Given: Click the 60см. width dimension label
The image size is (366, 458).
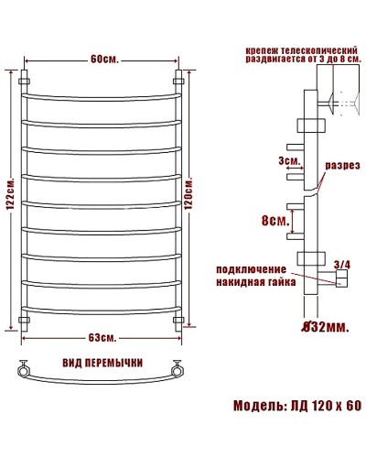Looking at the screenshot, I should (102, 61).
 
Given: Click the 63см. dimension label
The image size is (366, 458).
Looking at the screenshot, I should (102, 338).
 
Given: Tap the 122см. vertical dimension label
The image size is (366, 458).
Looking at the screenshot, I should (8, 201).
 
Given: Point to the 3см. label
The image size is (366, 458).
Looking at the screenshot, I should (287, 162).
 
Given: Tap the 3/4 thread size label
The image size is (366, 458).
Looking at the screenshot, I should (342, 265).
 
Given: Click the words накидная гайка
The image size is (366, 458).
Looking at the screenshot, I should (254, 283).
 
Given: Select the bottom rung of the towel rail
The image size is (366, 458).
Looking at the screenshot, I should (102, 310).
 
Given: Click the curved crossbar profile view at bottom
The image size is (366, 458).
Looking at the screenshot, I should (102, 376).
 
